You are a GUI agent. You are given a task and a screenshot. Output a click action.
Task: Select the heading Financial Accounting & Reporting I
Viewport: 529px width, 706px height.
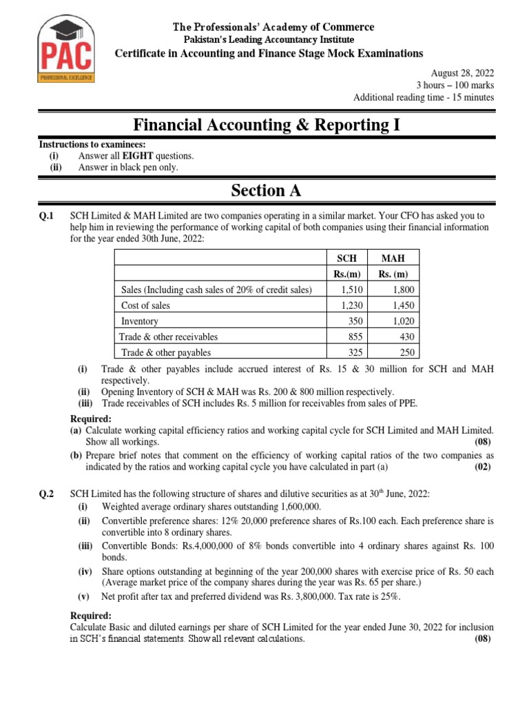pos(265,125)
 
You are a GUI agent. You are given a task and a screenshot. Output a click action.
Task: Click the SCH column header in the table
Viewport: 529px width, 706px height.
pos(346,258)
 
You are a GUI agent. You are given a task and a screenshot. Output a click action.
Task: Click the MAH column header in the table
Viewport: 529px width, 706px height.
pos(393,258)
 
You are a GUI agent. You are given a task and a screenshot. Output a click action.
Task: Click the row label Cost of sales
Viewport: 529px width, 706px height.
pos(145,305)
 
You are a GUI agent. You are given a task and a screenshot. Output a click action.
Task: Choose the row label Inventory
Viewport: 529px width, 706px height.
pos(140,321)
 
